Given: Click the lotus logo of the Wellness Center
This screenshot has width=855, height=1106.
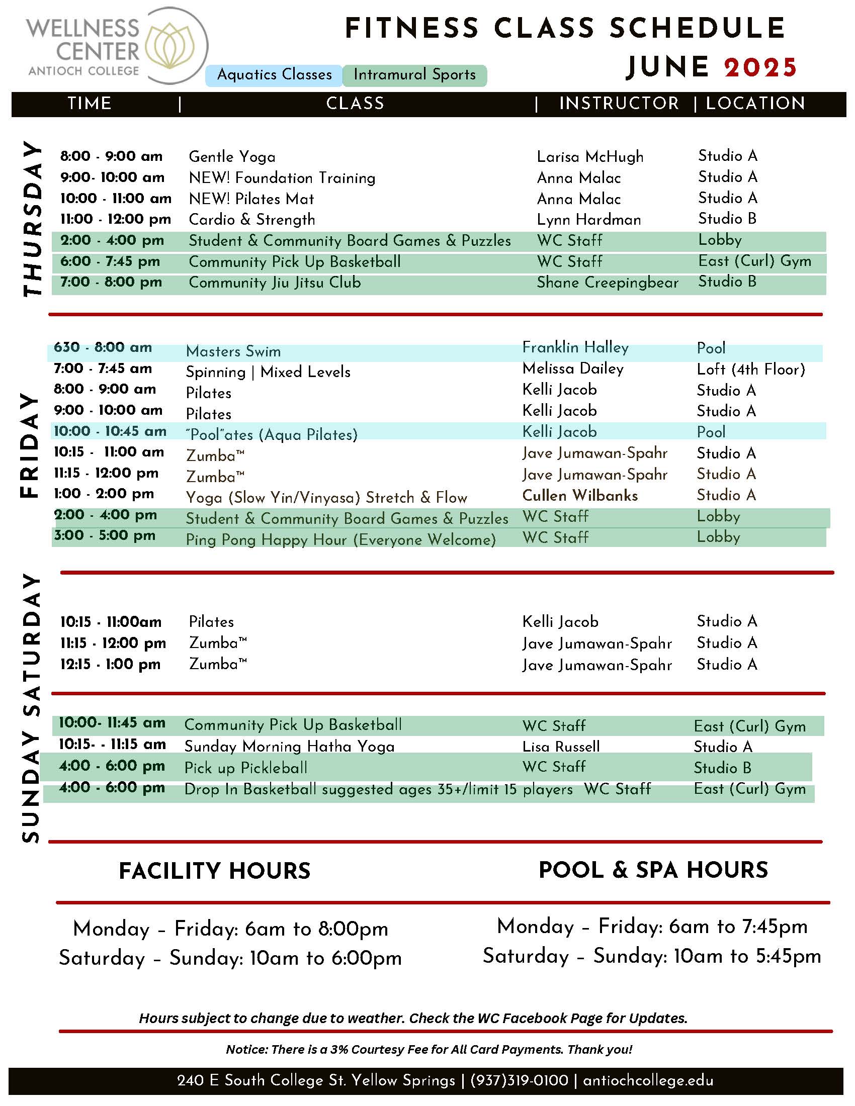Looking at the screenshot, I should [x=170, y=46].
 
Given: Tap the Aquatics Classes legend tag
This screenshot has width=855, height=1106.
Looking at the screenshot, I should [x=274, y=75].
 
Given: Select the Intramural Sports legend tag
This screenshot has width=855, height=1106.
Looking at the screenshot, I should [x=414, y=75].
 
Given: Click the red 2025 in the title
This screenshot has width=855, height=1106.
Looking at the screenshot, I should [x=760, y=67].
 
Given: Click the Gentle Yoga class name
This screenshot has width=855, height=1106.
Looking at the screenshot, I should [x=232, y=156].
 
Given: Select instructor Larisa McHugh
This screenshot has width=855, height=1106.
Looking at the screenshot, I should [x=590, y=156].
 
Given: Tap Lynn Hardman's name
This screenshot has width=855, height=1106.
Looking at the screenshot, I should [x=588, y=219].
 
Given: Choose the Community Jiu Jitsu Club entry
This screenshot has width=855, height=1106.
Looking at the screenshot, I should [x=275, y=282].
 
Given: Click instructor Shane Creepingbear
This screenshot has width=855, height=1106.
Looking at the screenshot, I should [x=608, y=282].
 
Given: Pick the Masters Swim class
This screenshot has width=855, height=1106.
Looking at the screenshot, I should [x=233, y=351].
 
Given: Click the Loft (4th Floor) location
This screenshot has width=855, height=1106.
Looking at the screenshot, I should [x=751, y=369].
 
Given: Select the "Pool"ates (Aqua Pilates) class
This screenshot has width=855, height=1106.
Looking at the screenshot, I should [x=272, y=434].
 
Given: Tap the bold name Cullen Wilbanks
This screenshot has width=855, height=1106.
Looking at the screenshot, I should [x=580, y=495].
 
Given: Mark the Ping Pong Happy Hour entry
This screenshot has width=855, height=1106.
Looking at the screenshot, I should [x=340, y=539].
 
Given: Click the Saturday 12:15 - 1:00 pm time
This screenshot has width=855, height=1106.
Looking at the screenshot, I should [x=111, y=664].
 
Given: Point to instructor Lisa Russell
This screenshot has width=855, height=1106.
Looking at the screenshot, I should [x=561, y=747].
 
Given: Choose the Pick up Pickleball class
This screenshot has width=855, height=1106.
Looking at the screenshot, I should [x=245, y=768].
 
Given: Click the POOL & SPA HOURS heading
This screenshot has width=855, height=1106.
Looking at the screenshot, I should [x=653, y=870].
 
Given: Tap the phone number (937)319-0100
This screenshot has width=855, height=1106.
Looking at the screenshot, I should [x=519, y=1081].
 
